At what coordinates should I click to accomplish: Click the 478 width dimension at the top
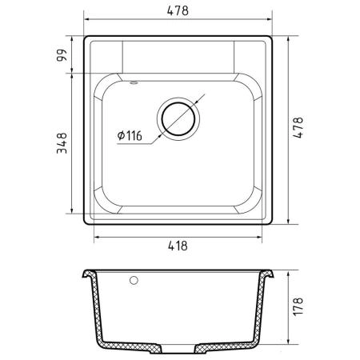pyautogui.click(x=178, y=11)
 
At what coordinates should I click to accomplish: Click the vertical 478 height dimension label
pyautogui.click(x=298, y=127)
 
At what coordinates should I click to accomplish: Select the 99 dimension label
pyautogui.click(x=62, y=55)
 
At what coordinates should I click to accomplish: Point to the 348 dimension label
pyautogui.click(x=62, y=143)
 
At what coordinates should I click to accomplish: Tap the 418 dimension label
pyautogui.click(x=178, y=246)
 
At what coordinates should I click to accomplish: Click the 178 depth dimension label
pyautogui.click(x=298, y=306)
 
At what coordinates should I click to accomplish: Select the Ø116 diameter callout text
pyautogui.click(x=130, y=135)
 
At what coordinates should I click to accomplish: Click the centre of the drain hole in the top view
pyautogui.click(x=178, y=118)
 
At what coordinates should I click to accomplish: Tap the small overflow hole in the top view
pyautogui.click(x=134, y=82)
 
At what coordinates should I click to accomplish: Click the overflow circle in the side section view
pyautogui.click(x=134, y=280)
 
